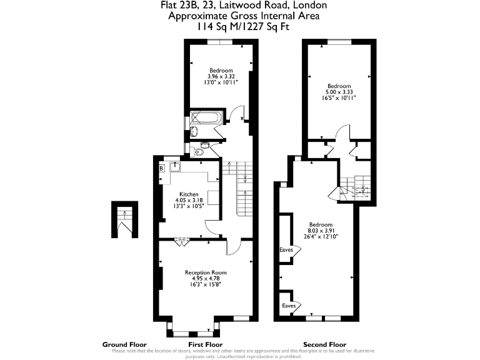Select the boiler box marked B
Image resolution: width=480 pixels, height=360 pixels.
click(x=161, y=167)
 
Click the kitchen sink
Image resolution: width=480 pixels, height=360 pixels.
click(x=176, y=166)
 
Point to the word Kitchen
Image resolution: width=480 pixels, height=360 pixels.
click(x=189, y=194)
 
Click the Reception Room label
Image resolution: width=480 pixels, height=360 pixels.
click(x=206, y=272)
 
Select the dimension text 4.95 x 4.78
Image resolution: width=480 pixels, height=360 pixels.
click(x=206, y=279)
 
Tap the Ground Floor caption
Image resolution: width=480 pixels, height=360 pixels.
click(x=124, y=344)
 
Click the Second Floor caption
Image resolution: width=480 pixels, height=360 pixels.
click(x=324, y=344)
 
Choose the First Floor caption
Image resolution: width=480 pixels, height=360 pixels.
click(x=206, y=344)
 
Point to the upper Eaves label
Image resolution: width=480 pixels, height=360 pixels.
click(x=286, y=250)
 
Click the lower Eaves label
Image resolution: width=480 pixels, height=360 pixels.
click(x=288, y=306)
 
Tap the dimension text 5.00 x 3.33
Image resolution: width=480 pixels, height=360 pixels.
click(x=339, y=92)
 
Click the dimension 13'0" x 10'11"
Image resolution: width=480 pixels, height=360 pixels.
click(x=221, y=82)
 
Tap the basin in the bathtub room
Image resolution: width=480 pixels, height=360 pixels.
click(x=194, y=132)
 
